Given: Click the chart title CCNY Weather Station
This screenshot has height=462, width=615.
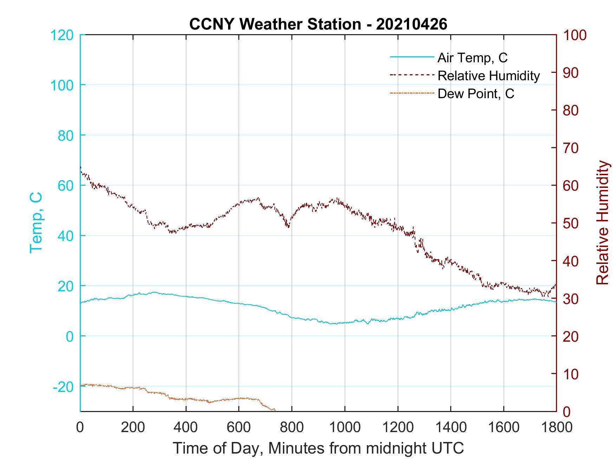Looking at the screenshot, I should click(x=318, y=24).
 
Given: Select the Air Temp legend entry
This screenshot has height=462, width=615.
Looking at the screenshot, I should click(x=472, y=58).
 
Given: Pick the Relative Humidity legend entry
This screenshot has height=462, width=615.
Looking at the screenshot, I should click(x=488, y=76).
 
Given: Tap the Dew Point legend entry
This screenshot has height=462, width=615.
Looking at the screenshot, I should click(x=475, y=94).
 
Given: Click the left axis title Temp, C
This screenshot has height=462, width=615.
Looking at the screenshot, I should click(x=36, y=222).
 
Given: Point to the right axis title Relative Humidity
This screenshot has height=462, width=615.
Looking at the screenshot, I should click(x=602, y=222).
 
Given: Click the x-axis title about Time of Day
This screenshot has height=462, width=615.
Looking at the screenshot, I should click(x=318, y=448).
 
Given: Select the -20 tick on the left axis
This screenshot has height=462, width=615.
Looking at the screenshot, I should click(x=63, y=387).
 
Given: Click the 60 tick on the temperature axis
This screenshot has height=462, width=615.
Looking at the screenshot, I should click(x=65, y=185).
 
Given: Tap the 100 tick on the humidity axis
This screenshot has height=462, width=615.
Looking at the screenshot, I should click(x=575, y=35).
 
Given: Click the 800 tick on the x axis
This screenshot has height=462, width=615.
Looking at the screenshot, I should click(x=292, y=427).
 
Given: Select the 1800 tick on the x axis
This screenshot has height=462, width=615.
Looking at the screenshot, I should click(x=556, y=427).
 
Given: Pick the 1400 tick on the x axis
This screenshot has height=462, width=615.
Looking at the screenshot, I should click(x=451, y=427).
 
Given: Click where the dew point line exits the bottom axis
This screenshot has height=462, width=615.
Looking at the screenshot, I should click(x=274, y=411).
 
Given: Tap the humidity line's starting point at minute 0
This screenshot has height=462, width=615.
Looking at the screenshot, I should click(x=81, y=167).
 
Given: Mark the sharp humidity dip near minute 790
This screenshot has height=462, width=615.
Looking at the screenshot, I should click(x=288, y=227).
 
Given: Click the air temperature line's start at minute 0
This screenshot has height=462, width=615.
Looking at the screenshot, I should click(x=81, y=303).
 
